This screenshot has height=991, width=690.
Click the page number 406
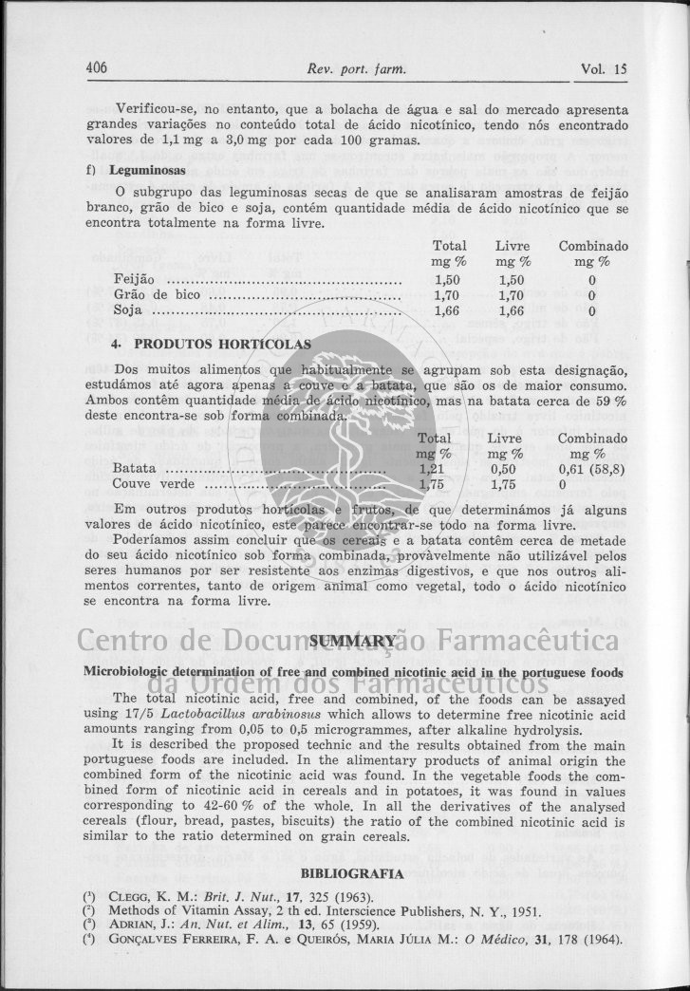click(97, 68)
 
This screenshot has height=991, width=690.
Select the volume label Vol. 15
click(604, 68)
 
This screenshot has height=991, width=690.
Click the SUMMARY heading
click(351, 642)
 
